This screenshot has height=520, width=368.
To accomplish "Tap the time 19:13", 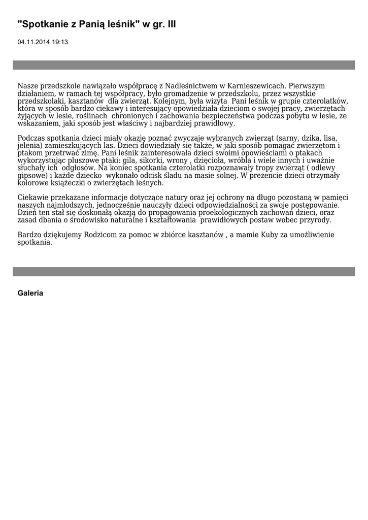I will [x=60, y=42].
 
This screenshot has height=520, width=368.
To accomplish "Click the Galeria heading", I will [x=30, y=293].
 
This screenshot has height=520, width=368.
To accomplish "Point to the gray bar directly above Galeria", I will [x=184, y=272].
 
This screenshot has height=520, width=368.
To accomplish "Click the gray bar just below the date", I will [x=184, y=65].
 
